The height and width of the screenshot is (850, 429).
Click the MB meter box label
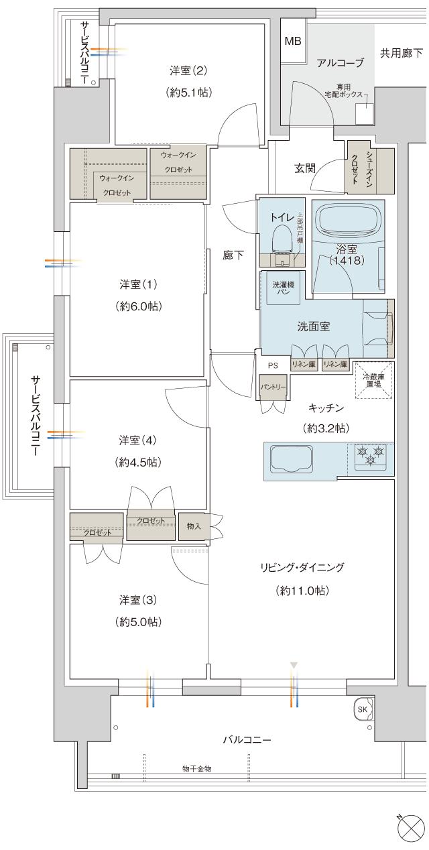click(293, 42)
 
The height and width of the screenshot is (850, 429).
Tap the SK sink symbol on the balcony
click(363, 709)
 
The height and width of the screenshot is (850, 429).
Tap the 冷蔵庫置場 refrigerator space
click(373, 380)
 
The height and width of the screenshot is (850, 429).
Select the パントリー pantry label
click(273, 387)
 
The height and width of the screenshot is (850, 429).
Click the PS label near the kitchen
click(273, 366)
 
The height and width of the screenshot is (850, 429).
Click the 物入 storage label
click(194, 526)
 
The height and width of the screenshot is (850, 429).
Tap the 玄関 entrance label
click(306, 168)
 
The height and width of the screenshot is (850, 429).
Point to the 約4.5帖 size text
click(138, 463)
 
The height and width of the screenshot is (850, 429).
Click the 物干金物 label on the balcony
click(196, 768)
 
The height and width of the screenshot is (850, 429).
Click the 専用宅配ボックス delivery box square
click(363, 115)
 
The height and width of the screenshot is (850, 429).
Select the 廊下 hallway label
click(233, 255)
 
